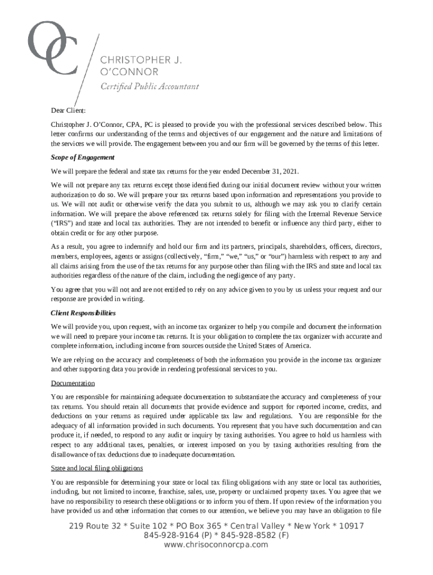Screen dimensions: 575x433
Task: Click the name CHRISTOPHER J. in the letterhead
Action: click(x=141, y=60)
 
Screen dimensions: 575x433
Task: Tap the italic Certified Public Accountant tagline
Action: click(x=149, y=86)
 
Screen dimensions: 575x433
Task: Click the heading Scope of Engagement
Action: click(x=83, y=158)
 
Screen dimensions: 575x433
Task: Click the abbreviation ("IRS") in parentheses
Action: click(x=61, y=223)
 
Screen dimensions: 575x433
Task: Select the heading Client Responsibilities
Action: click(x=83, y=313)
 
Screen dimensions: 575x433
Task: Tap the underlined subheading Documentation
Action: click(x=73, y=384)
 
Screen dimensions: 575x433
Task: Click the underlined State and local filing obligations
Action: click(x=97, y=468)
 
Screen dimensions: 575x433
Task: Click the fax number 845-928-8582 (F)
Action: click(x=252, y=536)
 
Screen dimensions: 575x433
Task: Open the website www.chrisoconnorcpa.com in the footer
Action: click(x=216, y=545)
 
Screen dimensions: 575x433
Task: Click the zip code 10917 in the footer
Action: click(x=351, y=526)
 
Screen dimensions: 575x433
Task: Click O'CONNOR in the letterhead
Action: click(x=129, y=72)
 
